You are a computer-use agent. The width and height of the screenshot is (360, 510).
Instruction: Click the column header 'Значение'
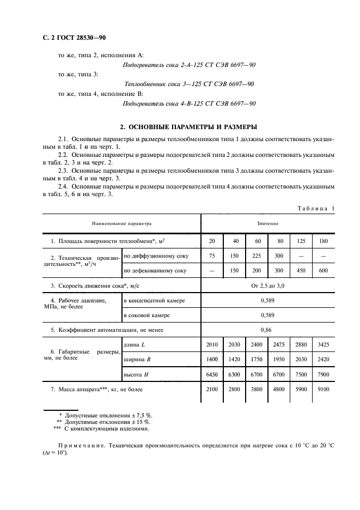[x=267, y=223]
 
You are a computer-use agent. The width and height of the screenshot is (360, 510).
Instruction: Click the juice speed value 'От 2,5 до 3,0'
[x=267, y=285]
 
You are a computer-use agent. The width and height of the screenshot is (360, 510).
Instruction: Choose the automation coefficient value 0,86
[x=267, y=330]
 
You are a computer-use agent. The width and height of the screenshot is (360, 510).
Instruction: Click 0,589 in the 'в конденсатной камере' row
[x=267, y=300]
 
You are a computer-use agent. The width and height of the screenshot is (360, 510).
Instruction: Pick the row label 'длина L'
[x=135, y=345]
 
